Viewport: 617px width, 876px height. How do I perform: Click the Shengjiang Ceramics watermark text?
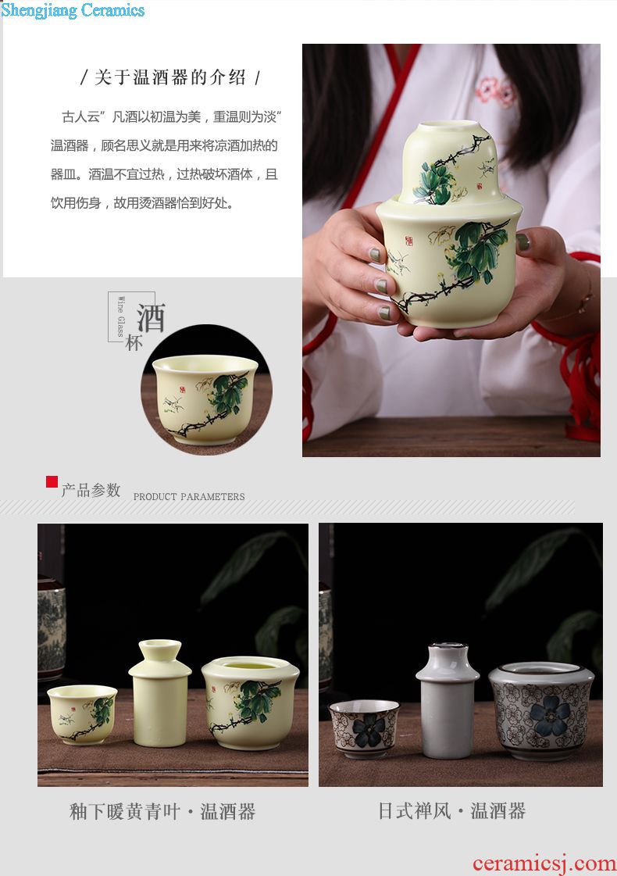(x=73, y=11)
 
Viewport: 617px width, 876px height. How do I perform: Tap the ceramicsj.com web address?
(x=544, y=863)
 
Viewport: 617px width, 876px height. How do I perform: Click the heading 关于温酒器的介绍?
(x=170, y=77)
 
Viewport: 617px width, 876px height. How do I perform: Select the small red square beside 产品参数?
(x=52, y=481)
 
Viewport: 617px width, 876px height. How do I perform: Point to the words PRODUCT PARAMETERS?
(x=189, y=497)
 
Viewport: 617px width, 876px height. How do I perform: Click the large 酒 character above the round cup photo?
(x=151, y=318)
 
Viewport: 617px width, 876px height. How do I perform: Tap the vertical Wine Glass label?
(x=120, y=316)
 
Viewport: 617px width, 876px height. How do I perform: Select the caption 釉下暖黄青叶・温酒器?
(x=162, y=811)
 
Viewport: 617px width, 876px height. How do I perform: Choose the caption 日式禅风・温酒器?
(x=451, y=810)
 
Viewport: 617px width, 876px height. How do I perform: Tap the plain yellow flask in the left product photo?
(x=159, y=693)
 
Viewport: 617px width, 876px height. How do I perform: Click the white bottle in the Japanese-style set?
(x=448, y=701)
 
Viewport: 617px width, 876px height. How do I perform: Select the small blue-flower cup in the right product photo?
(x=365, y=729)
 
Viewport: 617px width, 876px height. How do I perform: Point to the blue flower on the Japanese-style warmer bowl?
(x=550, y=715)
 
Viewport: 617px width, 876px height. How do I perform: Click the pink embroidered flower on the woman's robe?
(x=495, y=91)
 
